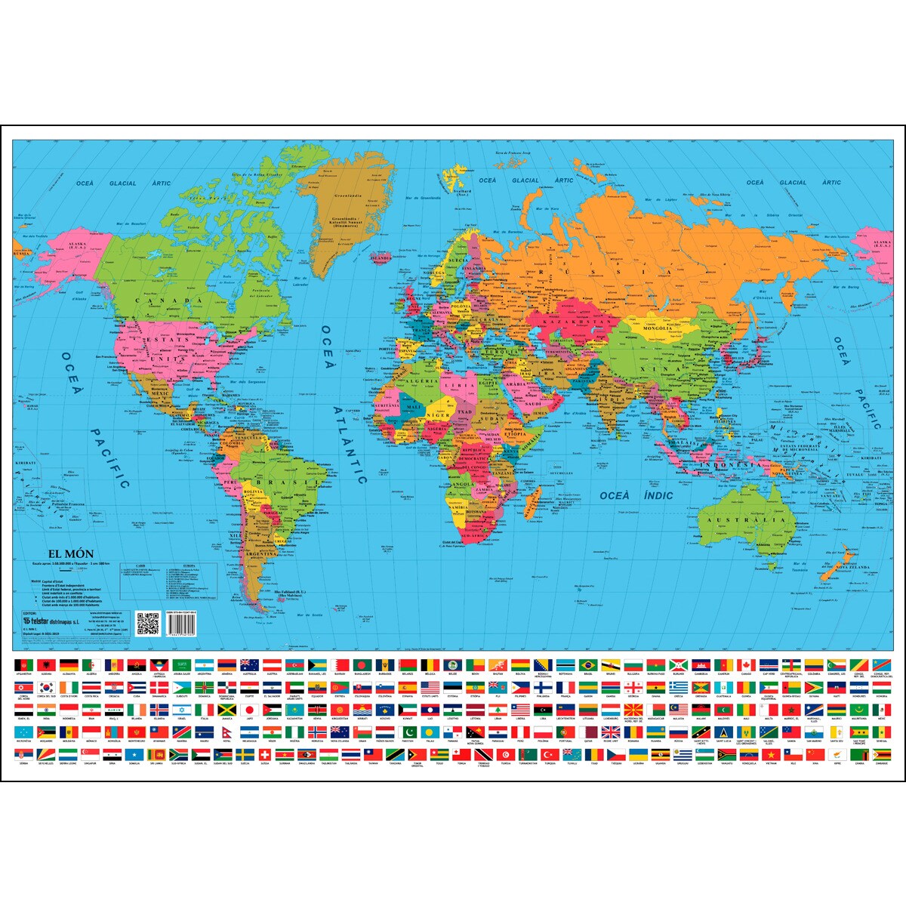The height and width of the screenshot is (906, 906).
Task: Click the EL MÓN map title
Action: point(71,554)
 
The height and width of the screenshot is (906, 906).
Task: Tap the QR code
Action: point(148,624)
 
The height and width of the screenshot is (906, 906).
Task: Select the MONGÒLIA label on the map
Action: point(657,328)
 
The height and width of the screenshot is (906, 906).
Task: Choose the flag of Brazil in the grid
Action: point(587,664)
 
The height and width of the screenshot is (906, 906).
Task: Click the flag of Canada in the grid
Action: point(746,664)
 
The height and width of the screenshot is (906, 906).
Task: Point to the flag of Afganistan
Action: point(23,664)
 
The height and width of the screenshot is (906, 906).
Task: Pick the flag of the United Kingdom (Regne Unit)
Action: point(610,732)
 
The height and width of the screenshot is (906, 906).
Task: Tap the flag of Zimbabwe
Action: point(881,755)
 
